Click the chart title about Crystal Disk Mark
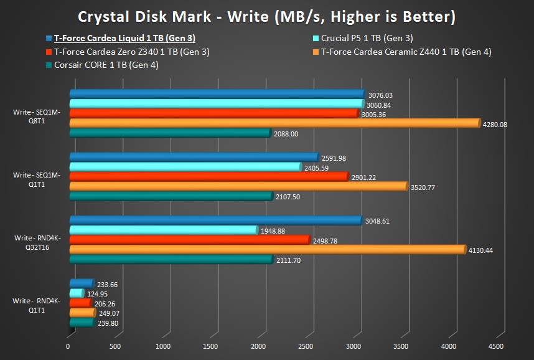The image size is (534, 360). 266,16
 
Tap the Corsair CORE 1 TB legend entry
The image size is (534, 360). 106,65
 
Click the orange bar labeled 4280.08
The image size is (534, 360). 274,123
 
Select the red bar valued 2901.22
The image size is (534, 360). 208,177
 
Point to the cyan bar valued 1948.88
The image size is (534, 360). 163,230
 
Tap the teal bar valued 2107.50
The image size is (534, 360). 171,197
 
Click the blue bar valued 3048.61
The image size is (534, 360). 215,220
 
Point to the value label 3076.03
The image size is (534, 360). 380,95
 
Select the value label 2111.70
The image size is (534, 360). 288,260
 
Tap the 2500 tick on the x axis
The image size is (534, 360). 306,346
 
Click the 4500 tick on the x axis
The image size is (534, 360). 497,346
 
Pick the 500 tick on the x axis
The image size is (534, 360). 116,346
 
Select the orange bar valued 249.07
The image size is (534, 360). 82,313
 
